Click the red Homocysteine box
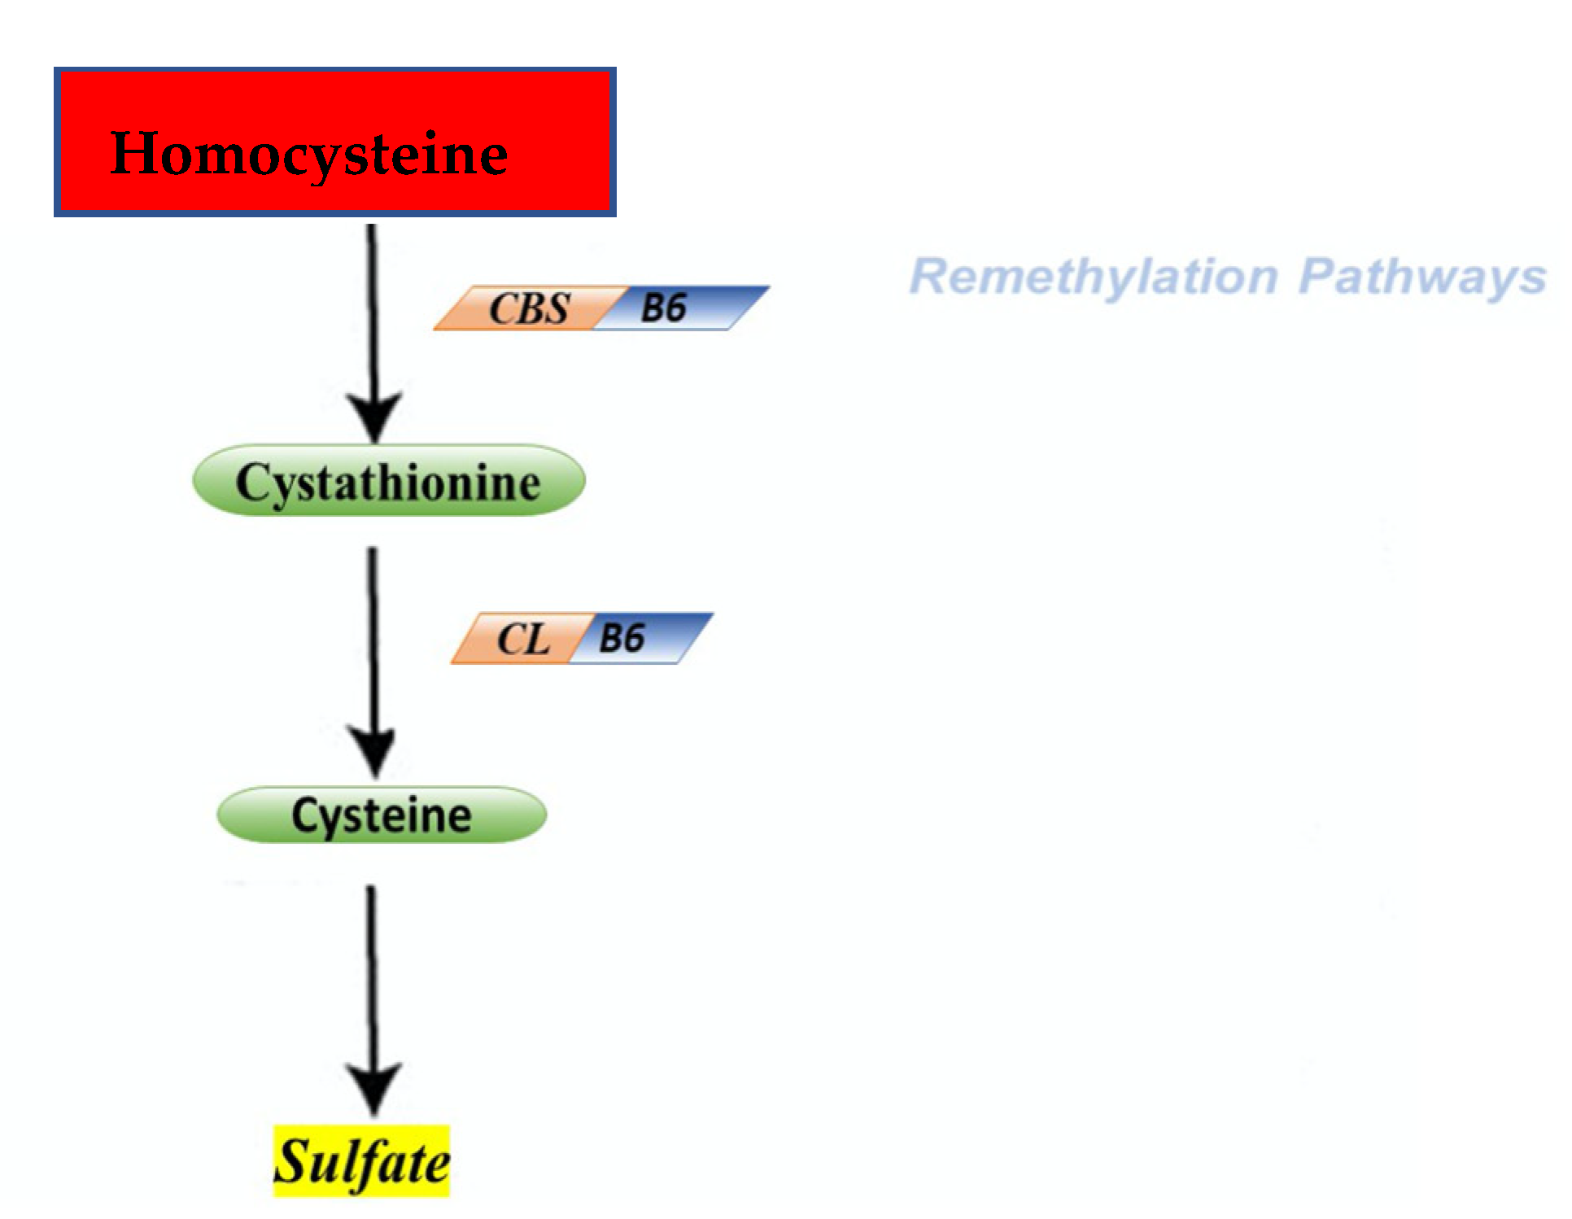point(335,142)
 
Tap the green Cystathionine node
point(389,481)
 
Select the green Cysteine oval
point(382,815)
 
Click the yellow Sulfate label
point(361,1162)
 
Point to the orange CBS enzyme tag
point(527,308)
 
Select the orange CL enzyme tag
point(521,639)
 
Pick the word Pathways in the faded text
point(1422,277)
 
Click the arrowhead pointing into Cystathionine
point(374,415)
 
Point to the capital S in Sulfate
point(290,1161)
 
